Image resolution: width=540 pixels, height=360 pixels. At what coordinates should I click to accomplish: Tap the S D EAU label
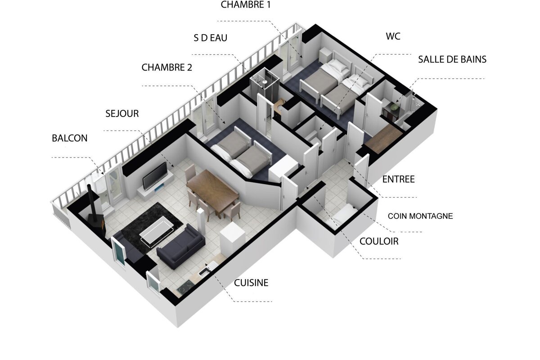tap(210, 38)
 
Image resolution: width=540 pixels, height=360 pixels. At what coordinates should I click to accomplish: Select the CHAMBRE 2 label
tap(166, 67)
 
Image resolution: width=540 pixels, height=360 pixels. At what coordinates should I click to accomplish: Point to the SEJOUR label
tap(122, 113)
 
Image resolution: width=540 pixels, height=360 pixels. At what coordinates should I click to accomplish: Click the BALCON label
tap(69, 138)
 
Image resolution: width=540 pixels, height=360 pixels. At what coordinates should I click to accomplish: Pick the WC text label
tap(393, 36)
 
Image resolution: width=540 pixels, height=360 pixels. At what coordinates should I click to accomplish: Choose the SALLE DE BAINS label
tap(452, 59)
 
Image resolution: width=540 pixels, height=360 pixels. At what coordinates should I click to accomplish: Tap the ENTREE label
tap(398, 180)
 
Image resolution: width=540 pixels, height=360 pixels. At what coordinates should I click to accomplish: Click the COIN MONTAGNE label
tap(420, 216)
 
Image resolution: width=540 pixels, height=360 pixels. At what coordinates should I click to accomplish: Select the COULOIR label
tap(379, 242)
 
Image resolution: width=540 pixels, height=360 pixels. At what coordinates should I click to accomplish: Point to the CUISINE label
tap(251, 283)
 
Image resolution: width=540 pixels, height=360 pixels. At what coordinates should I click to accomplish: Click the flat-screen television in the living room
tap(155, 175)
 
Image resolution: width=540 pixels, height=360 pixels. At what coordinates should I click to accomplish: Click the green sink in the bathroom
tap(395, 107)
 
